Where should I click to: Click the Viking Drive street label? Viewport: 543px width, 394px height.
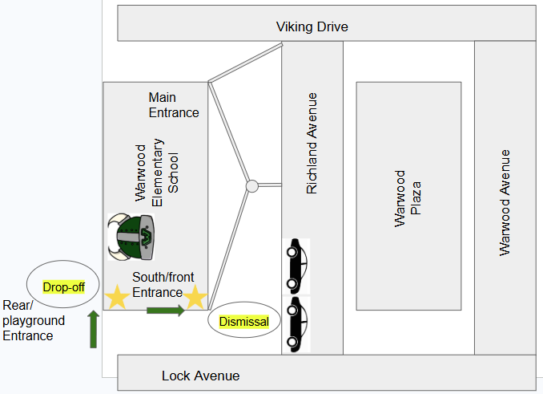(312, 27)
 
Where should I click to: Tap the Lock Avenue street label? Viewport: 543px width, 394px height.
(200, 376)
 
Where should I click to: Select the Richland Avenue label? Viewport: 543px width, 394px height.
(312, 143)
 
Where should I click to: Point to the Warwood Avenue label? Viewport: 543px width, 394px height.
(505, 203)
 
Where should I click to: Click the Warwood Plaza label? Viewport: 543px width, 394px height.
(408, 199)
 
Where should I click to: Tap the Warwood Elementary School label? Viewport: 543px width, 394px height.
(156, 173)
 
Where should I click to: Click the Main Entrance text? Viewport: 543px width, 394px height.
(174, 105)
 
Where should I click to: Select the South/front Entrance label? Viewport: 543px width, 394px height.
(163, 285)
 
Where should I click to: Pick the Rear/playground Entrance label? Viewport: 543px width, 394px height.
(34, 320)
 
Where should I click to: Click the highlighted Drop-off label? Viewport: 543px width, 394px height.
(64, 287)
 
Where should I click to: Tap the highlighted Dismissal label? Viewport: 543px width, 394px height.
(244, 322)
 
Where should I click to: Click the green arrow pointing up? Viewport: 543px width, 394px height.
(93, 329)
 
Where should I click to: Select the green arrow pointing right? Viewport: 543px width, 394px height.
(166, 310)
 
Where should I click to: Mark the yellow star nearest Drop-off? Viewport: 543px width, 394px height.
(118, 297)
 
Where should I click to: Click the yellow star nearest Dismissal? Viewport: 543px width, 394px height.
(195, 297)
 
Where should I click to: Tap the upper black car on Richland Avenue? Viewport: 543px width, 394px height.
(296, 266)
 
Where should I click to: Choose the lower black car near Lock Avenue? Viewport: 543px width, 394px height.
(296, 324)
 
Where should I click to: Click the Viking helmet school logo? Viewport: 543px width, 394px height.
(131, 237)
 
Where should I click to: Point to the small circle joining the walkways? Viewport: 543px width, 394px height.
(252, 186)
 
